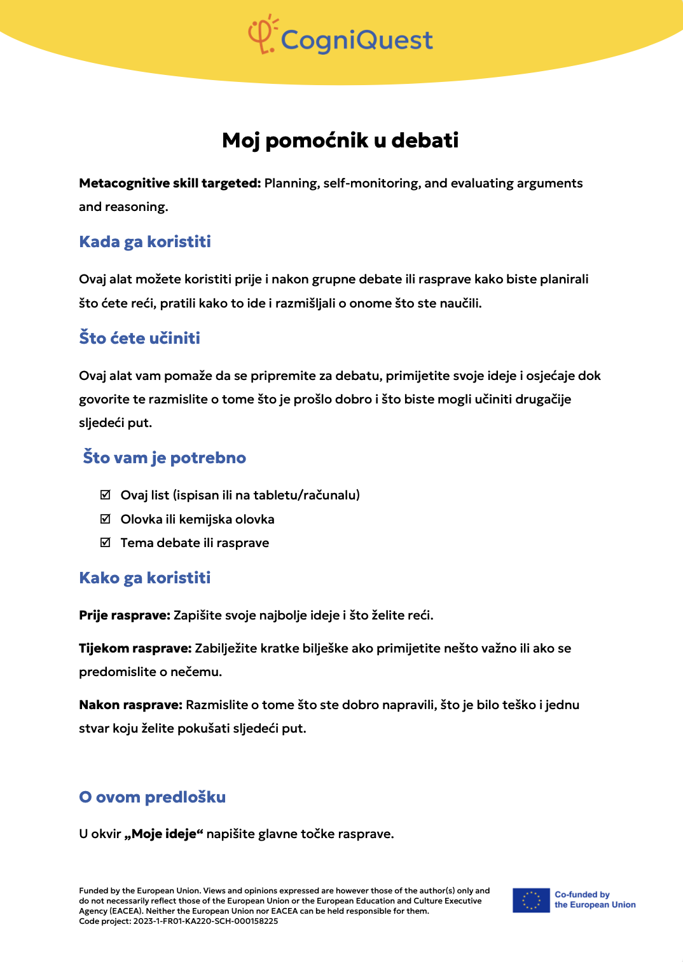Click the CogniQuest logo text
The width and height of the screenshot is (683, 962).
pos(357,40)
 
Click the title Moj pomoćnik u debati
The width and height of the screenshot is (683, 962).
pos(340,140)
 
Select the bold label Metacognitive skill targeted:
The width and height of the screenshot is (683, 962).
pos(170,184)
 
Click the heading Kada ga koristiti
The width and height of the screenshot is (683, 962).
pos(145,242)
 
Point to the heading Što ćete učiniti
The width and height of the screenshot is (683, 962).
pos(139,339)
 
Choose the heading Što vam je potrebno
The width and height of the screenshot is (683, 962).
pos(164,458)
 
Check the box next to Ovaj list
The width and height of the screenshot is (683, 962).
pos(106,495)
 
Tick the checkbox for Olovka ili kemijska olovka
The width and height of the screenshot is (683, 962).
pos(106,519)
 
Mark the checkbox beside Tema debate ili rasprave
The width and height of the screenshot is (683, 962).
pos(106,543)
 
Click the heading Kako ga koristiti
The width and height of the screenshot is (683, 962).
pos(144,578)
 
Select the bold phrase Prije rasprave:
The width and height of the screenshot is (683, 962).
pos(125,616)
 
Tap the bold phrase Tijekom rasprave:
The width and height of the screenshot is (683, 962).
pos(135,649)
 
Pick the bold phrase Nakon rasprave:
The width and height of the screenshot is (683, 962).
pos(130,705)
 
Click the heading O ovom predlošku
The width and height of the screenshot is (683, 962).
pos(152,797)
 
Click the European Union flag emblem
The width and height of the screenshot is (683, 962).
pos(531,900)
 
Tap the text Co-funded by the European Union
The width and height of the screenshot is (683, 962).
pos(595,900)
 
